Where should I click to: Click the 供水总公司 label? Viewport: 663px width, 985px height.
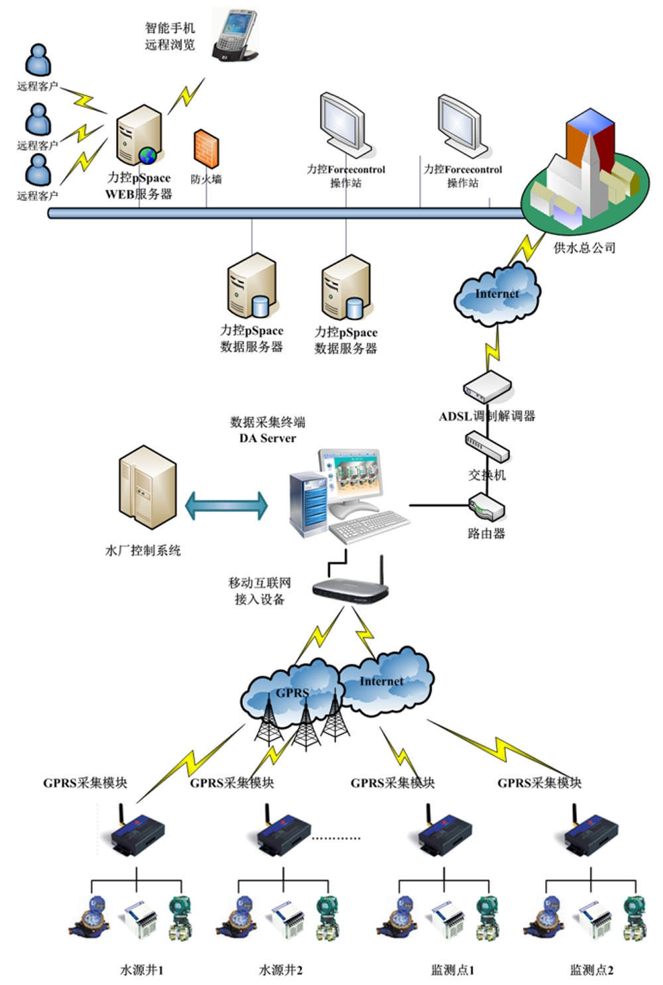(584, 248)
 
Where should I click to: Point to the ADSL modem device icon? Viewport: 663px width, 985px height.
(487, 386)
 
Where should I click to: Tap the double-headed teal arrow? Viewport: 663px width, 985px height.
(226, 505)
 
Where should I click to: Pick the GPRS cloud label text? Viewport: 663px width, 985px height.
(292, 693)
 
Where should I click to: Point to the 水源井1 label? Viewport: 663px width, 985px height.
(141, 970)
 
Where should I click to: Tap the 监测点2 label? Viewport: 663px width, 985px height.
(591, 970)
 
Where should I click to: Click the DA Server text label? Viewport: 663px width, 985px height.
(267, 438)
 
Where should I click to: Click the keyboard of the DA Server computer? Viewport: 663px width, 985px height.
(369, 526)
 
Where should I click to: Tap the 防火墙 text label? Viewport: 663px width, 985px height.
(206, 179)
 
